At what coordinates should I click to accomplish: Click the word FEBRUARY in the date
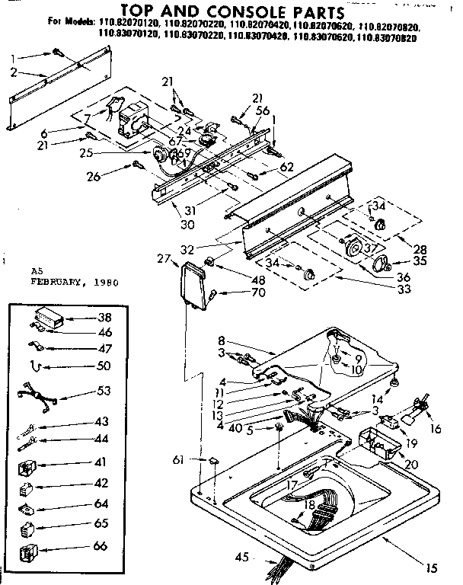pos(58,281)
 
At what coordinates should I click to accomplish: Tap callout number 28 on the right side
pos(418,250)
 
